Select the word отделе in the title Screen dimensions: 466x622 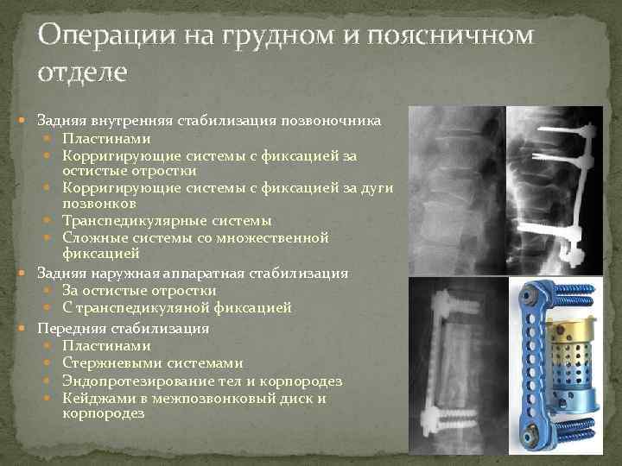pos(83,71)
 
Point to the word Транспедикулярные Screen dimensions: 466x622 pos(130,220)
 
